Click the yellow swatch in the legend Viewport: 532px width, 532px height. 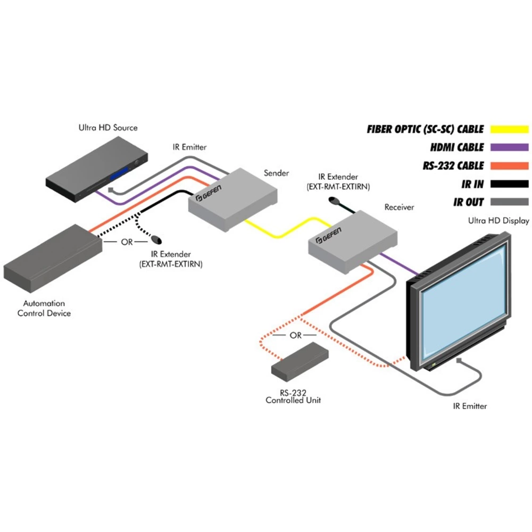tap(510, 129)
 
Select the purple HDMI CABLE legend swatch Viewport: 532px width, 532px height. tap(510, 147)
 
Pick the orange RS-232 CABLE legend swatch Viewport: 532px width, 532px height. tap(510, 165)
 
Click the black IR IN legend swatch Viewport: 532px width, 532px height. tap(510, 184)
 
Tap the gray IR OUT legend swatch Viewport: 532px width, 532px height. tap(510, 202)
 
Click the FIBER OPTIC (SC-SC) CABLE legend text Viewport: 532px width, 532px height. tap(425, 129)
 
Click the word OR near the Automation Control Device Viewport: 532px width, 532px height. tap(127, 242)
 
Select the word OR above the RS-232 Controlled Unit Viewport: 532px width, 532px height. tap(295, 336)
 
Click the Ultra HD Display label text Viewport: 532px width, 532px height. tap(498, 220)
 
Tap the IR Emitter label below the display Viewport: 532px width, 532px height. tap(470, 406)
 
